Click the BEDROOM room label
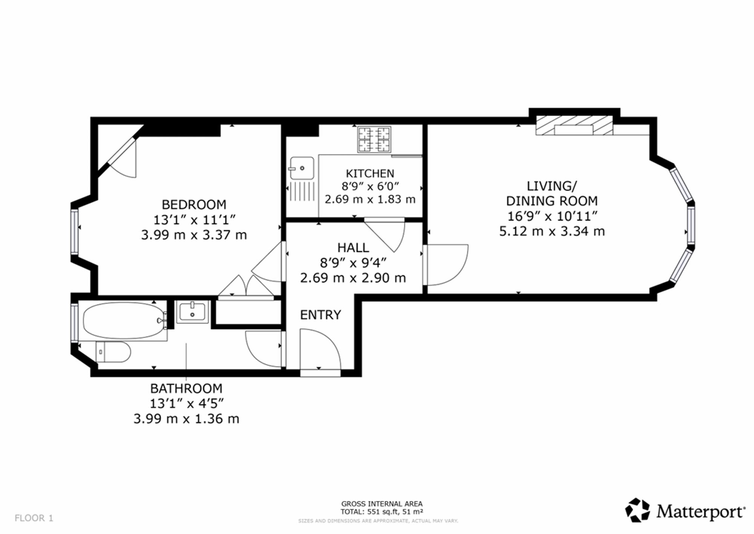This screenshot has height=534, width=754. point(194,205)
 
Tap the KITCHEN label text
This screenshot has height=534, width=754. point(370,173)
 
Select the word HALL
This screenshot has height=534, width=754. point(353,248)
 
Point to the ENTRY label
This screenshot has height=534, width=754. point(320,315)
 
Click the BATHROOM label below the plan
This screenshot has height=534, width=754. point(186,388)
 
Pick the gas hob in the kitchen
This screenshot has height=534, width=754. point(374,140)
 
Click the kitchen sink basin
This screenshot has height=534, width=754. point(302,168)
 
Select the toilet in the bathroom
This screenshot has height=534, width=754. point(113,352)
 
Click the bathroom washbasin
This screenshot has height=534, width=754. point(193,312)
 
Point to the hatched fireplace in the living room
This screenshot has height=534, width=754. point(574,125)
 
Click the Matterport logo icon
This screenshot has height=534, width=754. point(638,510)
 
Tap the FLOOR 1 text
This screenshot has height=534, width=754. point(34,518)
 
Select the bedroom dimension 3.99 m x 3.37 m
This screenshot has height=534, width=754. point(194,235)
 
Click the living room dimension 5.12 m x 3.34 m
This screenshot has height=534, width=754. point(552,231)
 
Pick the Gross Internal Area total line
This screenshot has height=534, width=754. point(382,512)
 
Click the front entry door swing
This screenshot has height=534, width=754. point(320,350)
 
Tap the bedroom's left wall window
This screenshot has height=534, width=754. point(74,230)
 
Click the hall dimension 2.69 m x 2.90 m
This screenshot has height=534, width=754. point(353,278)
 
